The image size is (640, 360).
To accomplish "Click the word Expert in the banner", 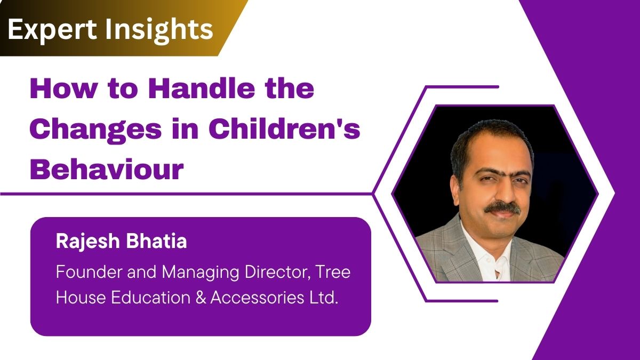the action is [x=52, y=30].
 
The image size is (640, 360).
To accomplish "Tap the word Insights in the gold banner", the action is [x=159, y=30].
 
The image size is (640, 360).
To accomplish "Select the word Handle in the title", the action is [x=202, y=89].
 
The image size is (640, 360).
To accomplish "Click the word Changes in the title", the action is [x=95, y=130].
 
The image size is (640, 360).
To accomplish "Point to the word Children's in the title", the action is [x=284, y=129].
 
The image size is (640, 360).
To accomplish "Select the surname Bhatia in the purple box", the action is [x=156, y=241].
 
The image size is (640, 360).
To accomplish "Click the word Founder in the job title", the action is [x=90, y=271].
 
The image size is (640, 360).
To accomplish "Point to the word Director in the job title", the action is [x=278, y=273].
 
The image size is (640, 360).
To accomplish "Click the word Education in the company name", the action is [x=150, y=298].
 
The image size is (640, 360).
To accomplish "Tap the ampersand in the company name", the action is [x=201, y=298].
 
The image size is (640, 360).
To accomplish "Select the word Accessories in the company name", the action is [x=257, y=298].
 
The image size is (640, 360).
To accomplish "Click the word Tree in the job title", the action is [x=333, y=271].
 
